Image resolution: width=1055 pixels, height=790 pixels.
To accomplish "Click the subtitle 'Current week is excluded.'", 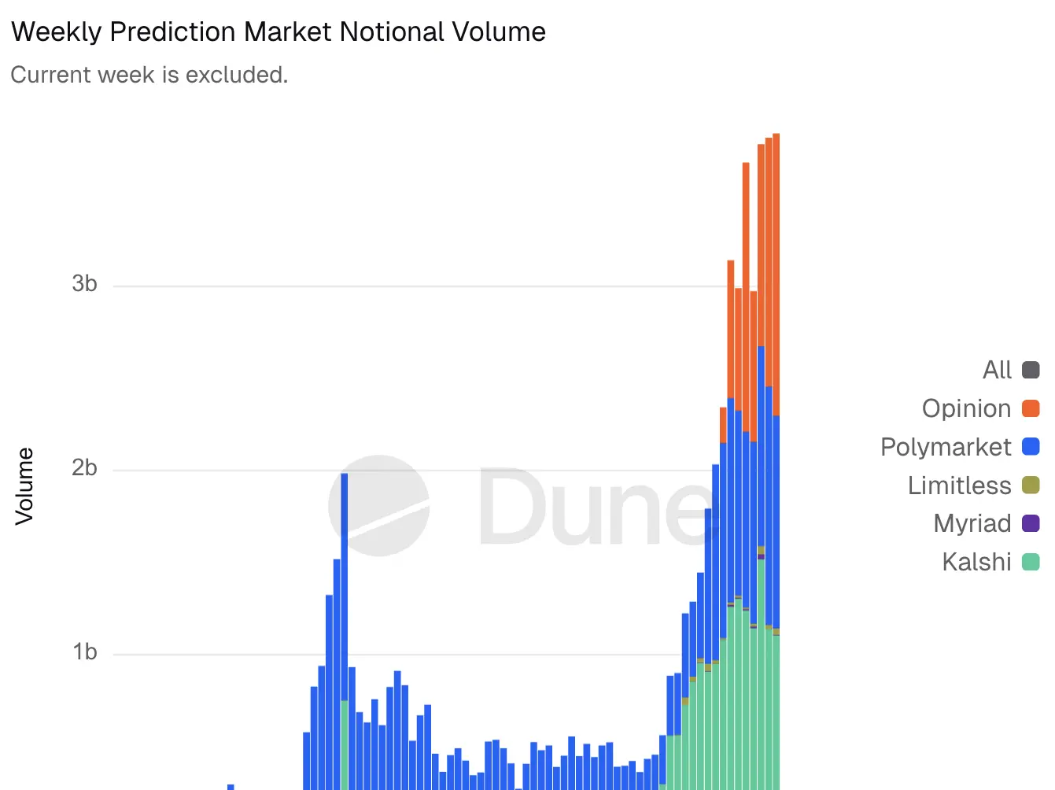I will coord(149,75).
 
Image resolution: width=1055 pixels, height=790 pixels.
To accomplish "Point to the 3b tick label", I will coord(84,284).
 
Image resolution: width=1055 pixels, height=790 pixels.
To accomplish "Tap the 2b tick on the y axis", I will coord(84,468).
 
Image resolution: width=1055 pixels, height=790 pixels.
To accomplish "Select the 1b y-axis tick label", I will coord(84,652).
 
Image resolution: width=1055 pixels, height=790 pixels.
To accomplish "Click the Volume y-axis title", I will coord(24,486).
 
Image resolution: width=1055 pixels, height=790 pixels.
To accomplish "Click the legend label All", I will coord(997,370).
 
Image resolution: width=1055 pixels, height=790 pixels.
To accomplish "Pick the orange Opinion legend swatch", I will coord(1031,408).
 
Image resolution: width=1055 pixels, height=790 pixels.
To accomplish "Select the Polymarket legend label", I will coord(945,447).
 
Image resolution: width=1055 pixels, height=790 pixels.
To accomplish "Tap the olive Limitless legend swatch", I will coord(1031,485).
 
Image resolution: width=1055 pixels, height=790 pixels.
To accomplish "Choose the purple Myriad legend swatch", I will coord(1031,523).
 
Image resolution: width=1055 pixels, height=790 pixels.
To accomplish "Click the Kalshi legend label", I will coord(976,562).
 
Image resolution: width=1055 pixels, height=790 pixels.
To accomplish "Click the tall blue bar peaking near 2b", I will coord(345,582).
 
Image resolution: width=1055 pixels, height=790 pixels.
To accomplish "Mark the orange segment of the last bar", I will coord(776,275).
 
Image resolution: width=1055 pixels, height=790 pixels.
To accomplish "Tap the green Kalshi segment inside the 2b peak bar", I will coord(345,744).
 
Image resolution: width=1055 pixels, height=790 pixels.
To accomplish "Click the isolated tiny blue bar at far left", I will coord(231,787).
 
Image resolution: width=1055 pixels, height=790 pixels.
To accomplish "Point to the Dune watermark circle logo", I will coord(379,505).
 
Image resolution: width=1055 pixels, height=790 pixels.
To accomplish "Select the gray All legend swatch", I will coord(1031,370).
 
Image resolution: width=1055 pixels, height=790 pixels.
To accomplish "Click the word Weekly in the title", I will coord(57,32).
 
